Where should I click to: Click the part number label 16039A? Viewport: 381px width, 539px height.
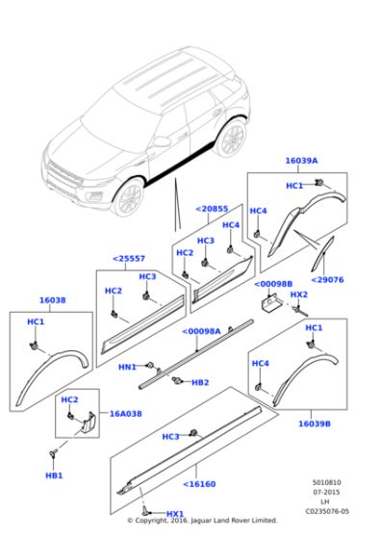click(301, 162)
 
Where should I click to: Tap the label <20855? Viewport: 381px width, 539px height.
click(212, 208)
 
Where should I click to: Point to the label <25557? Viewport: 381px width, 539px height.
click(128, 258)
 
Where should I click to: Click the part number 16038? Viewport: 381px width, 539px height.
click(52, 300)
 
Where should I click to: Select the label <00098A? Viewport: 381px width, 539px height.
click(202, 331)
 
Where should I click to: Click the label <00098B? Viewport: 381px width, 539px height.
click(274, 284)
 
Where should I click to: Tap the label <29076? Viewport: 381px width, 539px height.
click(329, 279)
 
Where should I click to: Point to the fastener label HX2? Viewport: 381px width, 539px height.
click(299, 295)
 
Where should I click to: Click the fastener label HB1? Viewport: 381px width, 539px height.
click(54, 475)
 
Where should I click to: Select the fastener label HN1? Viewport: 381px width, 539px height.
click(126, 367)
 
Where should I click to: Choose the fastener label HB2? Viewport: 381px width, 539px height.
click(199, 382)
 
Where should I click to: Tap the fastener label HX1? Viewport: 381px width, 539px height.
click(175, 513)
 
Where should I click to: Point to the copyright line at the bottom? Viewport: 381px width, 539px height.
click(201, 521)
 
